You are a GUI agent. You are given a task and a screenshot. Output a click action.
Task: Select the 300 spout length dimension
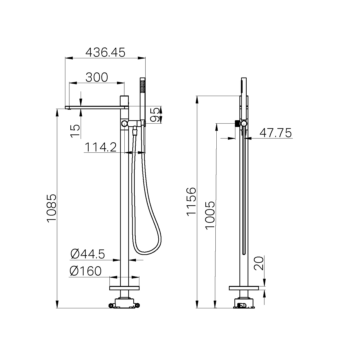tap(97, 77)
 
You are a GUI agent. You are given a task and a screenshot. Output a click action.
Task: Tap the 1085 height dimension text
tap(52, 208)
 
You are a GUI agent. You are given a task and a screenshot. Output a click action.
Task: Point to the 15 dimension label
tap(75, 131)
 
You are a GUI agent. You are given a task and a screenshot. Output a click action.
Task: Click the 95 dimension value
tap(155, 115)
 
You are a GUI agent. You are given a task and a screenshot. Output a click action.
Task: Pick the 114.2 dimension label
tap(100, 147)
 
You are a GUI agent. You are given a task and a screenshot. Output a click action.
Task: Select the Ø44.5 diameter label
tap(88, 254)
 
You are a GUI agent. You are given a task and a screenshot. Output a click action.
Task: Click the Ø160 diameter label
tap(86, 271)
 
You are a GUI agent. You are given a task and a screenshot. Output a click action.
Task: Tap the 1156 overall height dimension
tap(191, 202)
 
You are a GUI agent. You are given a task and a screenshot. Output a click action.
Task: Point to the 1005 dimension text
tap(210, 215)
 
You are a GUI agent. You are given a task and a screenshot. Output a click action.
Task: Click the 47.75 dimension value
tap(275, 133)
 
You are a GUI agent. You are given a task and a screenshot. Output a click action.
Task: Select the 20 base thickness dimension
tap(259, 263)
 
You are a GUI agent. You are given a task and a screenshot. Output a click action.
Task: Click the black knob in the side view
tap(237, 124)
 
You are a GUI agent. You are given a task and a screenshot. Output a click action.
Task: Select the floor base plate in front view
tap(124, 288)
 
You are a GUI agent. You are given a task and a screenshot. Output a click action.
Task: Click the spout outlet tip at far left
tap(68, 108)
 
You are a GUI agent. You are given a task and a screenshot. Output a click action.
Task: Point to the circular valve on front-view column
tap(124, 124)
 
